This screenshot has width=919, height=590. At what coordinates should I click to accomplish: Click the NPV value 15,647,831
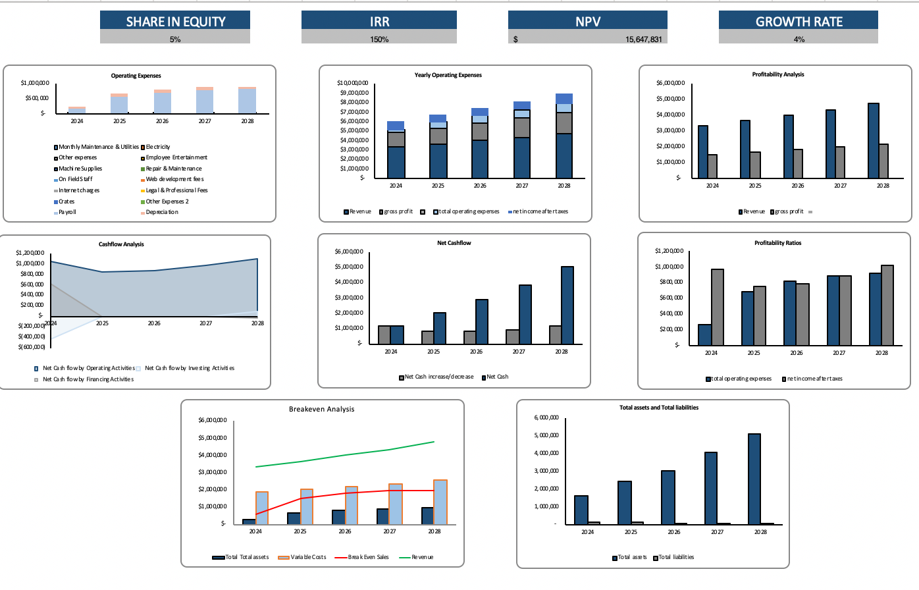(x=643, y=40)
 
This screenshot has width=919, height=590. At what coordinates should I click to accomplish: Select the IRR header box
(x=379, y=21)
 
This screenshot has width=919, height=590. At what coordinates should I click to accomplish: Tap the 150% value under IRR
(x=379, y=40)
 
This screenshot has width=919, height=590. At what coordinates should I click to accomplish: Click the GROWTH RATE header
(x=799, y=21)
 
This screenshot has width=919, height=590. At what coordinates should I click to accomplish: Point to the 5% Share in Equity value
(x=175, y=40)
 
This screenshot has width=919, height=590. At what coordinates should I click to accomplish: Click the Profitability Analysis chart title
(x=777, y=74)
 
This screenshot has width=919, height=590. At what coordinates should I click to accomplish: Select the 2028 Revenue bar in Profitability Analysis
(x=873, y=140)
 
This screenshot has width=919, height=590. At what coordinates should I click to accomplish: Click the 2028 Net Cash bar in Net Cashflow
(x=567, y=305)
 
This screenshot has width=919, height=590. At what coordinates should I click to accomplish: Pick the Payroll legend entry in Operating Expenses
(x=67, y=212)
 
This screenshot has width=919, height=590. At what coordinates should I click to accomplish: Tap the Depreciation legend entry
(x=161, y=212)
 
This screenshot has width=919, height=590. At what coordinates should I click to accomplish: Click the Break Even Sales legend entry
(x=368, y=557)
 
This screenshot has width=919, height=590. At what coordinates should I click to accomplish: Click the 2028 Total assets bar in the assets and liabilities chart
(x=754, y=479)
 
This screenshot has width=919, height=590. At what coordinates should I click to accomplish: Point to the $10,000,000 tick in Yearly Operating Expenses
(x=352, y=83)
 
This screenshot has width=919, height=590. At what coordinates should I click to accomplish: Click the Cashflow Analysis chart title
(x=121, y=244)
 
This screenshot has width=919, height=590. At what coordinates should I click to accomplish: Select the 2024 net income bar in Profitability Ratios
(x=717, y=307)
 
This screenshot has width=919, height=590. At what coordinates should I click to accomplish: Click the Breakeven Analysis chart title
(x=321, y=409)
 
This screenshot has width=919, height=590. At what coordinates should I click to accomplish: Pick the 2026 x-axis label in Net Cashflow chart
(x=476, y=352)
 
